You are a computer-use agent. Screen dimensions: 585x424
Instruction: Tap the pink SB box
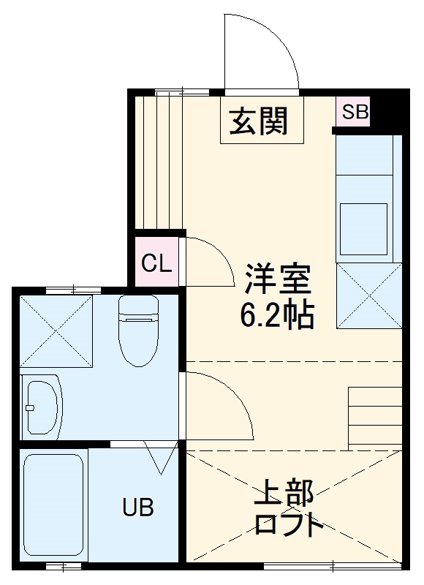[355, 113]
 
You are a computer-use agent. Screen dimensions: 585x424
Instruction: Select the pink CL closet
[156, 263]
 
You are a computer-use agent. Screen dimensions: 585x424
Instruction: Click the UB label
[137, 507]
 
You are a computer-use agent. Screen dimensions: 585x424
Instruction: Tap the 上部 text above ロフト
[284, 494]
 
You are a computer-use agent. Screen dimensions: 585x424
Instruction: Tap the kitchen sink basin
[364, 228]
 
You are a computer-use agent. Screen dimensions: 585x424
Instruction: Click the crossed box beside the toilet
[56, 331]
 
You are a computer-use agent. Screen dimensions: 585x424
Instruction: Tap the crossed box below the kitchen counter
[368, 295]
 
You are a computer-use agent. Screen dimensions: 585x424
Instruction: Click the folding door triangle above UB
[160, 458]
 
